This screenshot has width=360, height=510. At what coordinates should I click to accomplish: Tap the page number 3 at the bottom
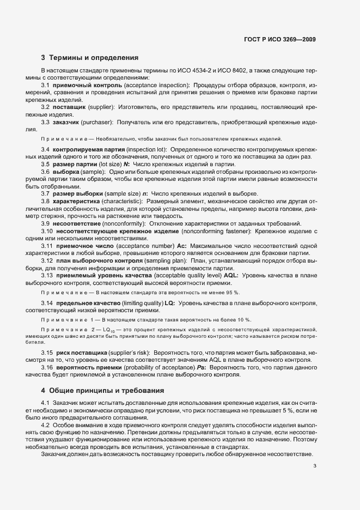pyautogui.click(x=315, y=466)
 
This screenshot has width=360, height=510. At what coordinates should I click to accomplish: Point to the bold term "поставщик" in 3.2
pyautogui.click(x=69, y=106)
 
